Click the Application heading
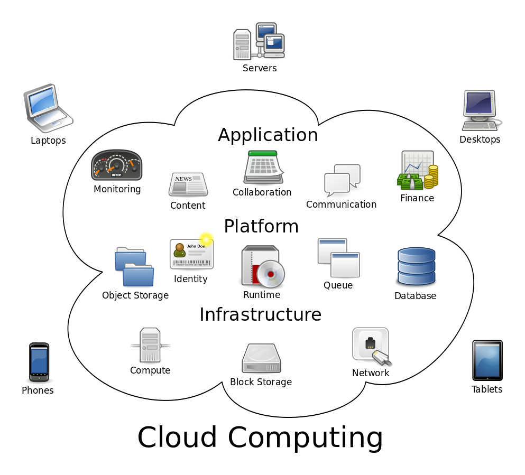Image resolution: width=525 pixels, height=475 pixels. (x=268, y=135)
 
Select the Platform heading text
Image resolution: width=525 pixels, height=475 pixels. (x=261, y=227)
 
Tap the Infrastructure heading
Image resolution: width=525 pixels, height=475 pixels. (x=260, y=314)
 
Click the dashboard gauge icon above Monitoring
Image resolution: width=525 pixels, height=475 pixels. (x=117, y=165)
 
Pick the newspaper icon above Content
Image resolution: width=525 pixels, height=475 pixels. (x=188, y=184)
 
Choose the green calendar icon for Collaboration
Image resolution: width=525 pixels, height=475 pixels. (x=263, y=167)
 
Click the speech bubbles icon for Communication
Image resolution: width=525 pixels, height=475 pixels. (x=342, y=180)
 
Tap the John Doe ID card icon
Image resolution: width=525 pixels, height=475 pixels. (x=191, y=254)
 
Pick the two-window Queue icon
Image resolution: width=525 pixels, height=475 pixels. (x=338, y=257)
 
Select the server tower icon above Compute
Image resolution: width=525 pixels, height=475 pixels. (x=150, y=345)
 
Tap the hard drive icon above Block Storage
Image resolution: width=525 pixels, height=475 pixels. (x=261, y=359)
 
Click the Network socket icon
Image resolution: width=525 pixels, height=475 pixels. (x=371, y=346)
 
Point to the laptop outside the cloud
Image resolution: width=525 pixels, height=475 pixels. (x=48, y=108)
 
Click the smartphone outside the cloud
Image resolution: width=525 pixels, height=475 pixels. (x=39, y=362)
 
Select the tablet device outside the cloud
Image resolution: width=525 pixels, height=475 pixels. (x=487, y=360)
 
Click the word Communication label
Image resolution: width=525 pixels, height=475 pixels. (x=341, y=204)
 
